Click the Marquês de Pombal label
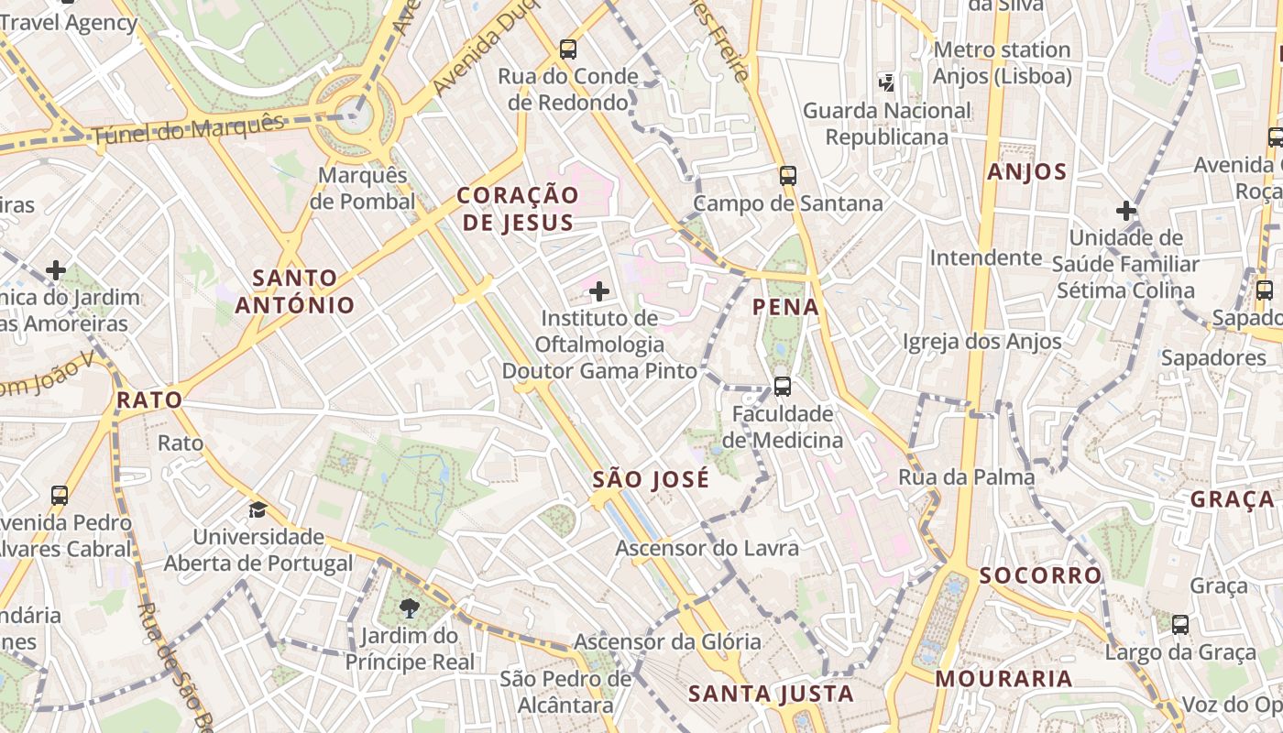click(x=363, y=188)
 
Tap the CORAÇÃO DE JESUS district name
click(x=518, y=208)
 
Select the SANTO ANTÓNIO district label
click(x=295, y=290)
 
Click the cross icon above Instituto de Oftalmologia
click(x=599, y=292)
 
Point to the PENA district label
click(x=785, y=307)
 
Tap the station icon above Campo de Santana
click(x=787, y=175)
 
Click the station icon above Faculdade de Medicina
click(x=782, y=386)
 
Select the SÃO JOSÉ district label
click(x=651, y=479)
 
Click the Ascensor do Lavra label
click(x=707, y=548)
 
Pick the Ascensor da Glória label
click(x=667, y=641)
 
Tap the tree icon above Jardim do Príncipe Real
click(x=410, y=607)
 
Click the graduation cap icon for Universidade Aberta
click(x=258, y=509)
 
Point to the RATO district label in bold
click(x=149, y=399)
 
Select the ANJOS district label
click(x=1026, y=171)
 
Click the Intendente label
click(x=986, y=257)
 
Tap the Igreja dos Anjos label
click(x=981, y=342)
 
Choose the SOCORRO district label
click(x=1040, y=575)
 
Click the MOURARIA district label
click(x=1003, y=678)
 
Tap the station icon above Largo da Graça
click(x=1180, y=625)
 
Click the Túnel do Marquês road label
click(x=187, y=130)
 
